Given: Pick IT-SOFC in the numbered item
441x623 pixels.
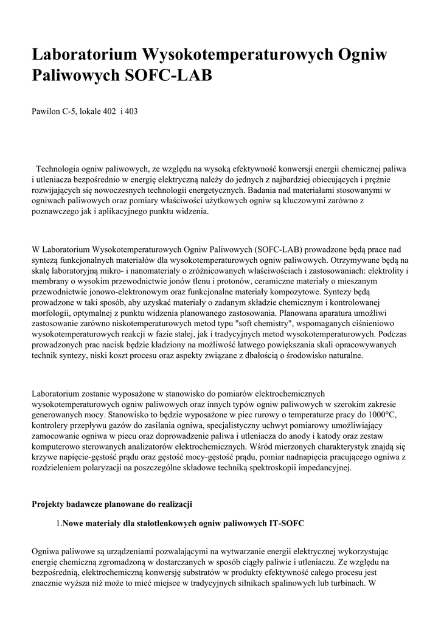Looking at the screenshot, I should (x=286, y=523).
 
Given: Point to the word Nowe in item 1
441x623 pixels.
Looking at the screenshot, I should (x=73, y=523).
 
